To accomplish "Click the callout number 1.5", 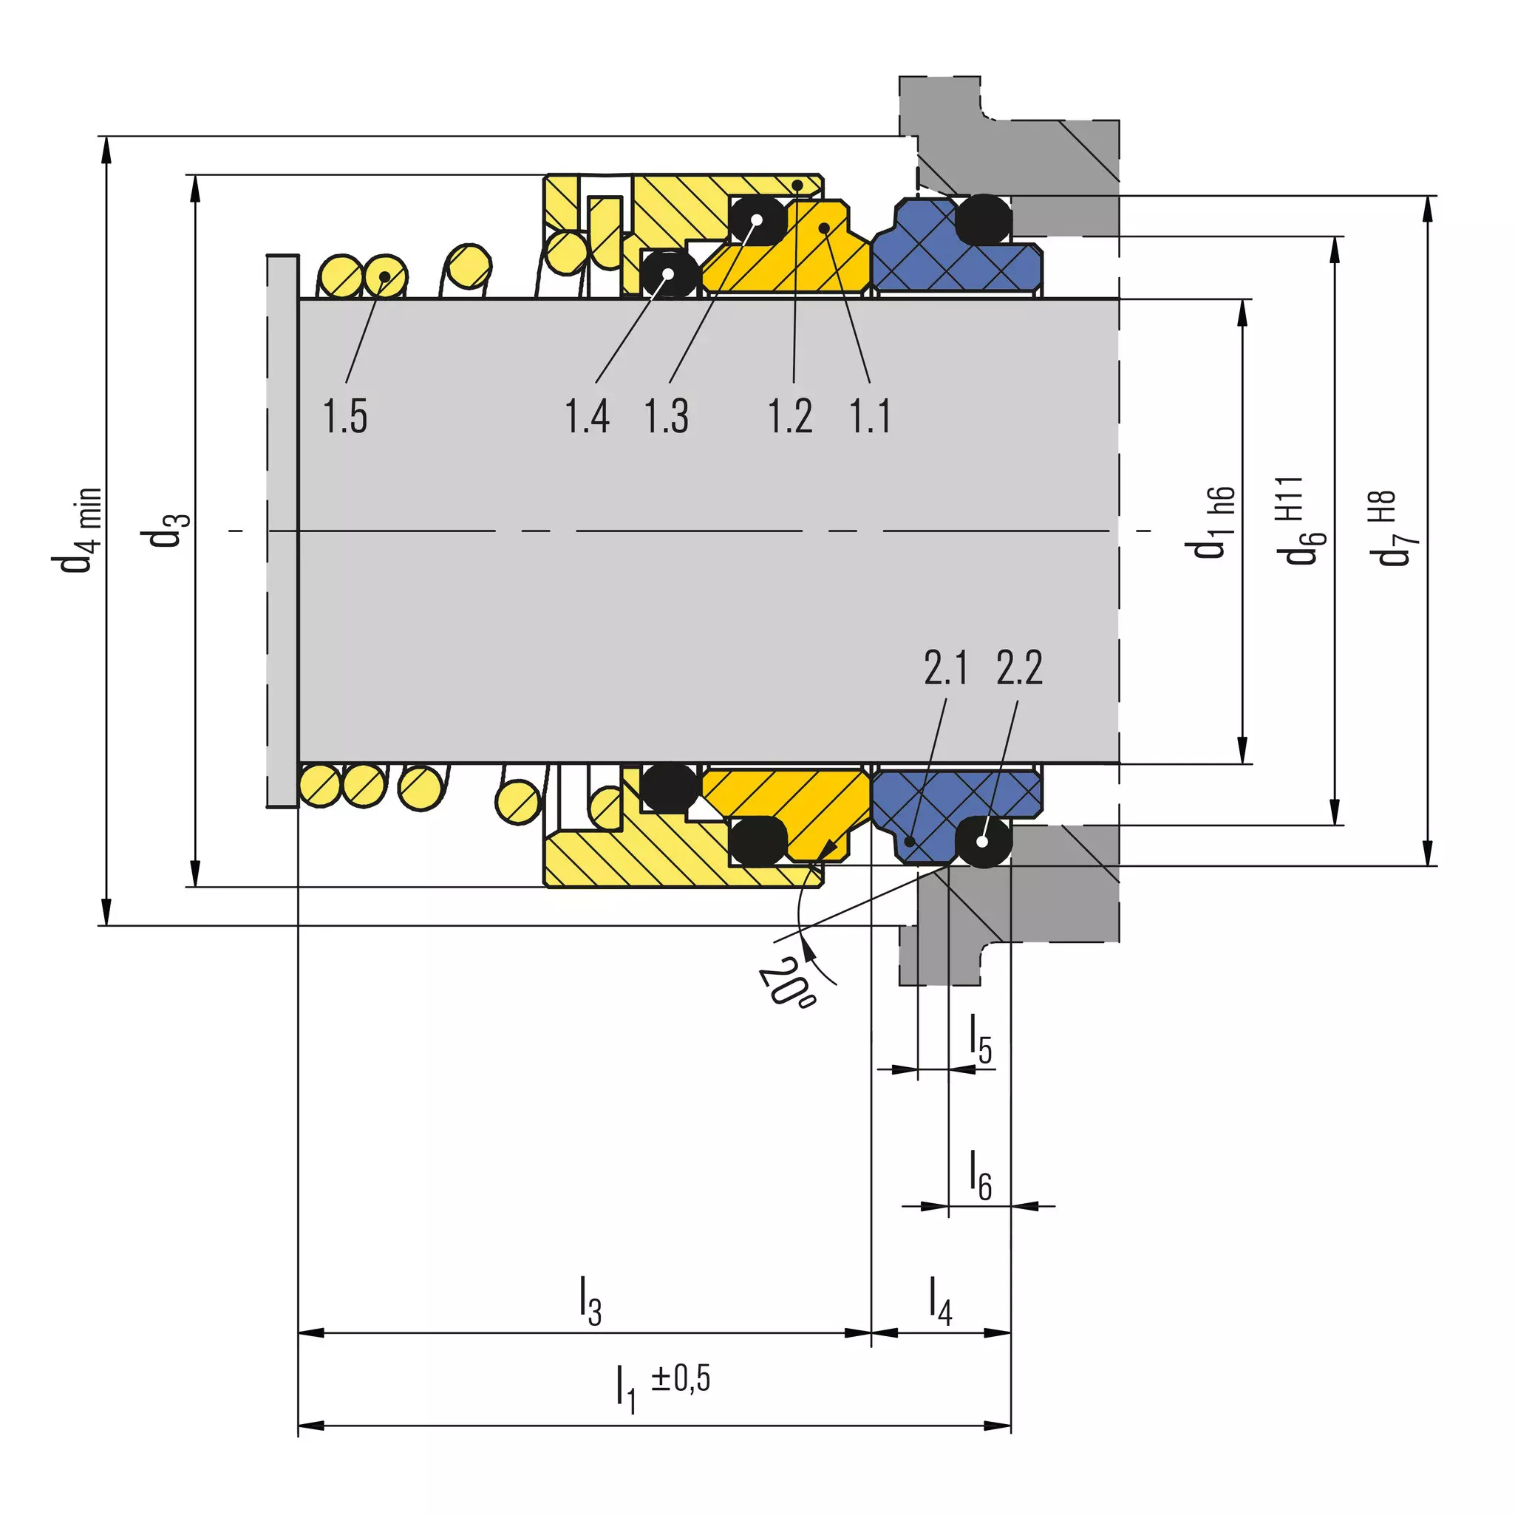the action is [345, 415].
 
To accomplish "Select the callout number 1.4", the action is [588, 415].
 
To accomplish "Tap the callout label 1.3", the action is [667, 415].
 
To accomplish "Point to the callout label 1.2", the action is [790, 415].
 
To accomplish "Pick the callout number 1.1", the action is [871, 415].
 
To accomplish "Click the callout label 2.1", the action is [946, 668].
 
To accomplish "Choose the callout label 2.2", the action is [1019, 668].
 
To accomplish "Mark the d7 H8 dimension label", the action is [1391, 528].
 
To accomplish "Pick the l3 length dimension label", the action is [590, 1301].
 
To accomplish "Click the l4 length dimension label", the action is [940, 1301].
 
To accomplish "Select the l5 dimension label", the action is [981, 1039].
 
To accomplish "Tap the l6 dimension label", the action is [981, 1174].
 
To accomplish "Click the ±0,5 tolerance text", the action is [681, 1378].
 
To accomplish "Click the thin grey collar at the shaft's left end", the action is [282, 530].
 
